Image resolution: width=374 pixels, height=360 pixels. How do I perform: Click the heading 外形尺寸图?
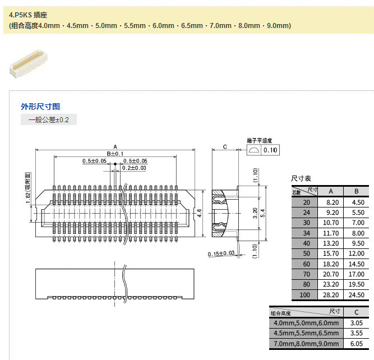(x=40, y=107)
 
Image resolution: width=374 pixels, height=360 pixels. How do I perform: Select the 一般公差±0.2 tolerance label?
(x=49, y=120)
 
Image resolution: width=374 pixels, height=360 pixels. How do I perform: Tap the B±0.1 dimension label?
(x=115, y=153)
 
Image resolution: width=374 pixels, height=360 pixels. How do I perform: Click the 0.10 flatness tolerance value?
(x=270, y=150)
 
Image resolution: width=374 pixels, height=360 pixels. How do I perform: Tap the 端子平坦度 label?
(x=259, y=140)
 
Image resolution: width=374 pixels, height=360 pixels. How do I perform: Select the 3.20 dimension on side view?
(x=256, y=213)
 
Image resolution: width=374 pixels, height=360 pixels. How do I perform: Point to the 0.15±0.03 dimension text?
(x=220, y=253)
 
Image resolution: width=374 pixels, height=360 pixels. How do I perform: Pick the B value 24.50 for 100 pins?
(x=357, y=294)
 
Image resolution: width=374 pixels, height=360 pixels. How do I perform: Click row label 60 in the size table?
(x=306, y=264)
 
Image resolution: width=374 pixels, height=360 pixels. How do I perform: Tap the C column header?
(x=357, y=311)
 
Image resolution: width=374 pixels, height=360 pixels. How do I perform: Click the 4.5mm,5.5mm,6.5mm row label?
(x=306, y=333)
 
